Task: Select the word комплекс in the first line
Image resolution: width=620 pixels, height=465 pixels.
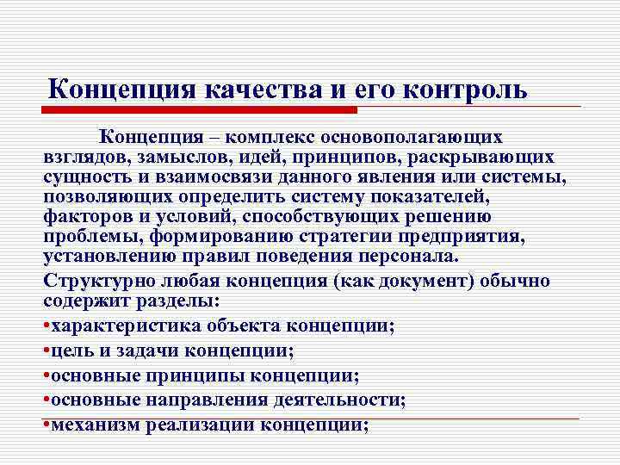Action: tap(270, 138)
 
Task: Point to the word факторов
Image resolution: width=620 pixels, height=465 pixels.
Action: tap(85, 217)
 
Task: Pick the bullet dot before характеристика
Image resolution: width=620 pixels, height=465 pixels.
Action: tap(46, 326)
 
